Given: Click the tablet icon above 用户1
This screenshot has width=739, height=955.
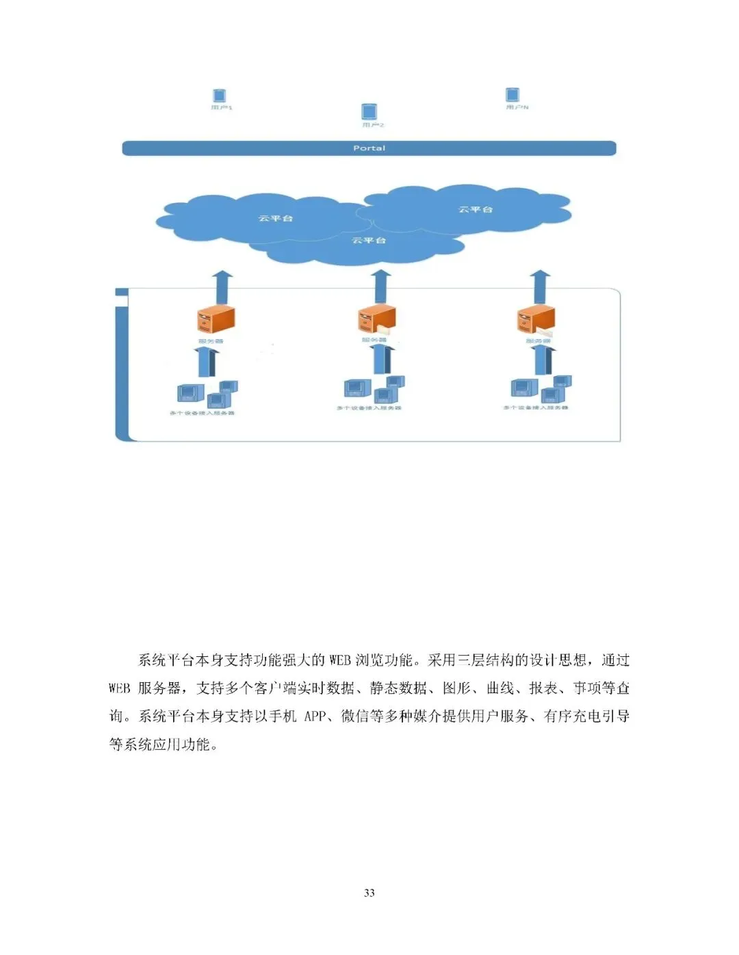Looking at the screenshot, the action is tap(219, 96).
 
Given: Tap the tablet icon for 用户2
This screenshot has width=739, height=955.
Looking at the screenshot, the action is tap(369, 111).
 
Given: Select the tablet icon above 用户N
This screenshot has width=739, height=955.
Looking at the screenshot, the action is tap(513, 94).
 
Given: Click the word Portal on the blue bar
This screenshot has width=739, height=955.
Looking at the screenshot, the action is tap(369, 148).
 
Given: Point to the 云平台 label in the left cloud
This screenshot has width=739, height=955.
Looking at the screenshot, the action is tap(276, 218).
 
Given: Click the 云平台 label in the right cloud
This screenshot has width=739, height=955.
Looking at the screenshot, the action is tap(476, 209).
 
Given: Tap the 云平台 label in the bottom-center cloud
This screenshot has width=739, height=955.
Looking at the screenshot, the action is tap(369, 241).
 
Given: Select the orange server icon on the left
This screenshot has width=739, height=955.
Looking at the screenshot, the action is tap(216, 320).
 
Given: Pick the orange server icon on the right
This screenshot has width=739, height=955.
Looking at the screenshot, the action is tap(536, 319).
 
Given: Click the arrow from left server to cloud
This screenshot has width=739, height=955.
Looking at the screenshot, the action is tap(222, 288).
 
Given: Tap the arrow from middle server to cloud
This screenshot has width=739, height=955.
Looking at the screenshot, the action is tap(381, 286).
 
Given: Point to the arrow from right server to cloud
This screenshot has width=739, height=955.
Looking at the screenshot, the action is tap(541, 286).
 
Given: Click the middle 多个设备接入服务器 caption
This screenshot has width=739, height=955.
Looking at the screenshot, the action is tap(369, 408).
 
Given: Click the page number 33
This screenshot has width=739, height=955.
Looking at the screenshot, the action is tap(369, 893).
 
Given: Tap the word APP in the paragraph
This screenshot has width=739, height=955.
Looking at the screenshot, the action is tap(315, 716).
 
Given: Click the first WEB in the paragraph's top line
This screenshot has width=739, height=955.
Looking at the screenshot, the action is tap(340, 660).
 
